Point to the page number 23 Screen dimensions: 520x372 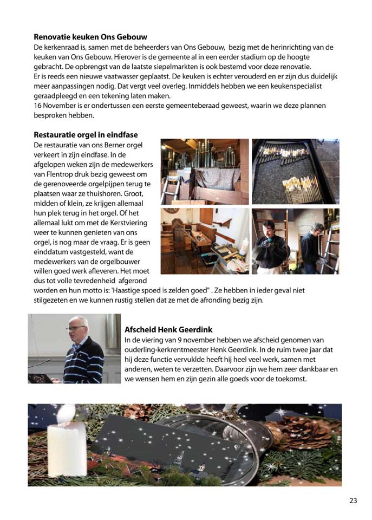click(x=353, y=500)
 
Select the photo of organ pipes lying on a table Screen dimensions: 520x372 click(x=295, y=171)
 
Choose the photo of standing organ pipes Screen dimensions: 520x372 click(x=205, y=171)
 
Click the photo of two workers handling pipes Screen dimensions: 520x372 click(x=295, y=241)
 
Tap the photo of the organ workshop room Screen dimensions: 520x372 click(x=205, y=241)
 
